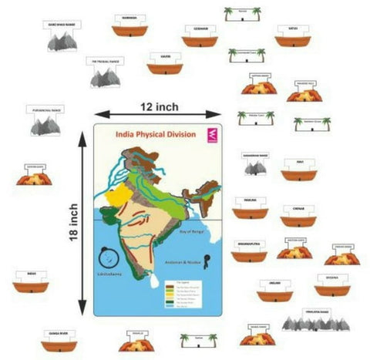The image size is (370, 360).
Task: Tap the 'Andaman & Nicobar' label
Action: (x=182, y=261)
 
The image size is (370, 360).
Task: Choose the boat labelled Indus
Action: (x=31, y=282)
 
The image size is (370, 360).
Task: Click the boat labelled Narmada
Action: (x=129, y=26)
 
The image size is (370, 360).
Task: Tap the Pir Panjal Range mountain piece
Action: (x=105, y=72)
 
